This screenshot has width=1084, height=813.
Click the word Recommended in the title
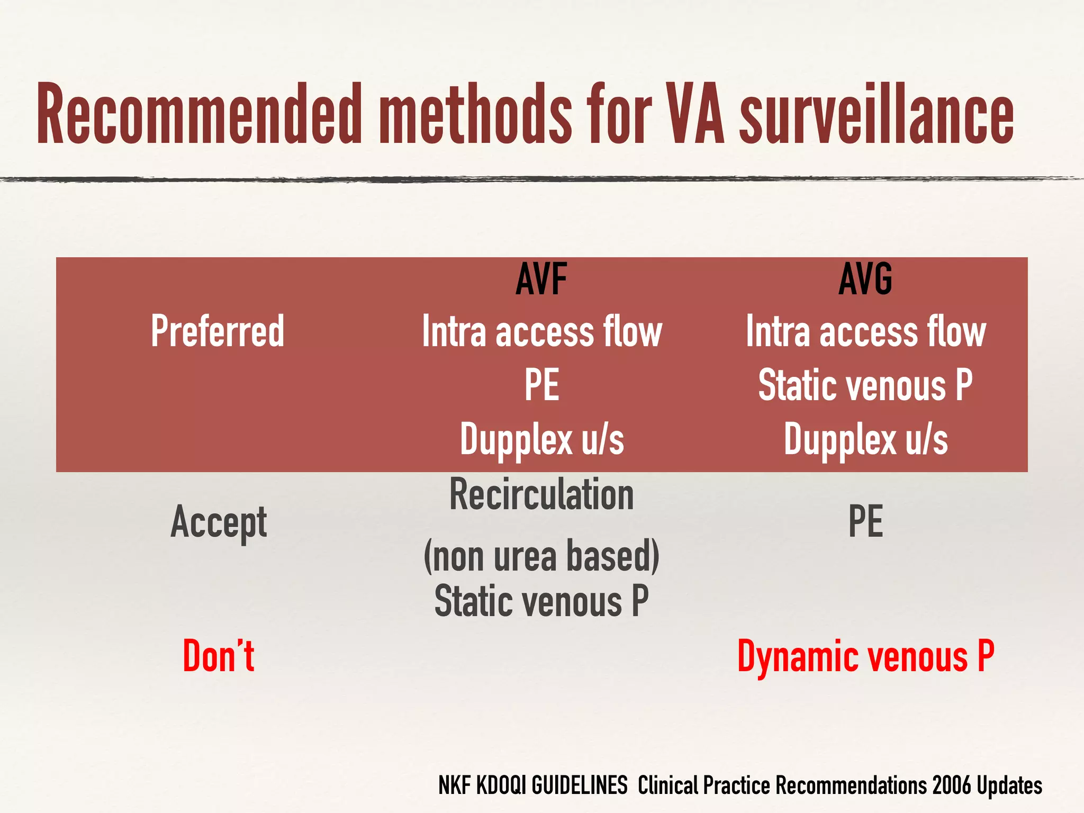tap(198, 114)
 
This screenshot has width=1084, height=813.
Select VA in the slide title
tap(694, 114)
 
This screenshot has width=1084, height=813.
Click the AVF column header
tap(541, 279)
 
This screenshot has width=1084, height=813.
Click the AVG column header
tap(865, 279)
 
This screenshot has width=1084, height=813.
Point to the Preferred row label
tap(218, 331)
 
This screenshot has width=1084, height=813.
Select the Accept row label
tap(219, 522)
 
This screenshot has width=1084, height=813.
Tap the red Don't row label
tap(219, 656)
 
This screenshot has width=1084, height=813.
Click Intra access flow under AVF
tap(541, 332)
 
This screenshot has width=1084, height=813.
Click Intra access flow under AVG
tap(865, 332)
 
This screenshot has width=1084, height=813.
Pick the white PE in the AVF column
tap(541, 385)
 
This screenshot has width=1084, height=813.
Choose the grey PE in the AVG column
tap(865, 522)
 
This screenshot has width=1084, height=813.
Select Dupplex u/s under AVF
tap(541, 439)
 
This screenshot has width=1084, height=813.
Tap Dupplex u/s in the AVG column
tap(865, 439)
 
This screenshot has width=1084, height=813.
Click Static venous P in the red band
tap(865, 385)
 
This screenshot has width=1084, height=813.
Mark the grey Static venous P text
tap(541, 602)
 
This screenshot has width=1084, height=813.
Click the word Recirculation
tap(541, 495)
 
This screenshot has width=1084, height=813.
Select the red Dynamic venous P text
tap(865, 656)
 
